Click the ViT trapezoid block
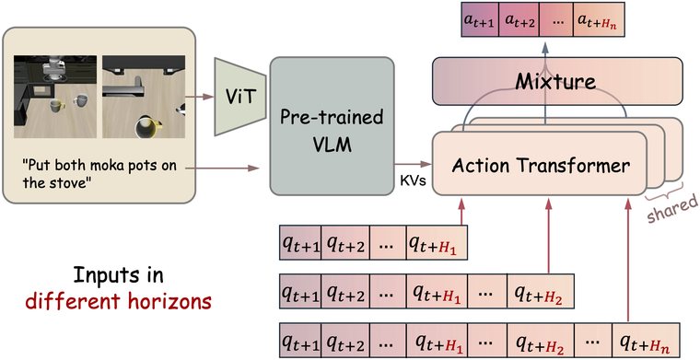240,97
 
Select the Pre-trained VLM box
332,126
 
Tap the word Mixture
555,82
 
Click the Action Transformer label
541,166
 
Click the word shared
672,209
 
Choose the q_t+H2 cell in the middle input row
540,291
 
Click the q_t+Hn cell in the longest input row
646,341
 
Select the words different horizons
119,302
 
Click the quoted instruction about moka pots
99,174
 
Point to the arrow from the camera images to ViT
199,96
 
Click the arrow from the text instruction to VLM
222,168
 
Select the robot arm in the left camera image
52,69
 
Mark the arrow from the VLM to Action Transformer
413,164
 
